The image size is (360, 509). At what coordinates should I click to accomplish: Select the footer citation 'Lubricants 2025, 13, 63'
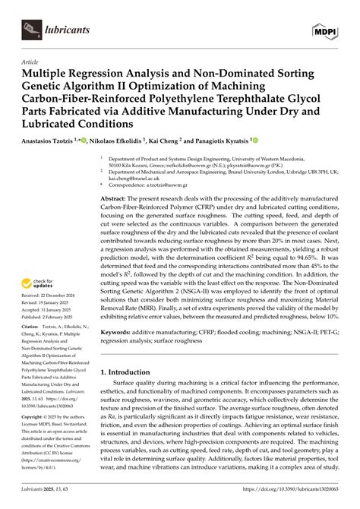click(47, 502)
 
